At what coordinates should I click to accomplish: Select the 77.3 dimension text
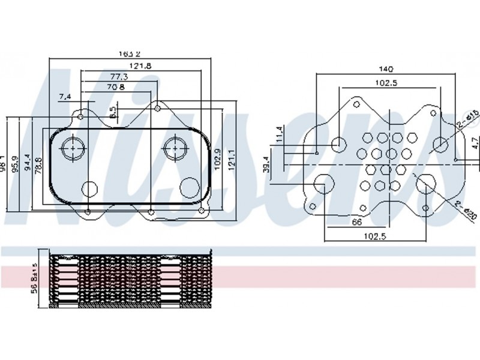pyautogui.click(x=119, y=76)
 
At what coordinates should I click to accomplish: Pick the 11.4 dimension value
pyautogui.click(x=279, y=134)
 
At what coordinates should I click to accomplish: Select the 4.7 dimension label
pyautogui.click(x=473, y=144)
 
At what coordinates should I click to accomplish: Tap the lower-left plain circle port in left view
pyautogui.click(x=89, y=188)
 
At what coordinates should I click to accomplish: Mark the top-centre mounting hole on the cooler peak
pyautogui.click(x=157, y=109)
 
